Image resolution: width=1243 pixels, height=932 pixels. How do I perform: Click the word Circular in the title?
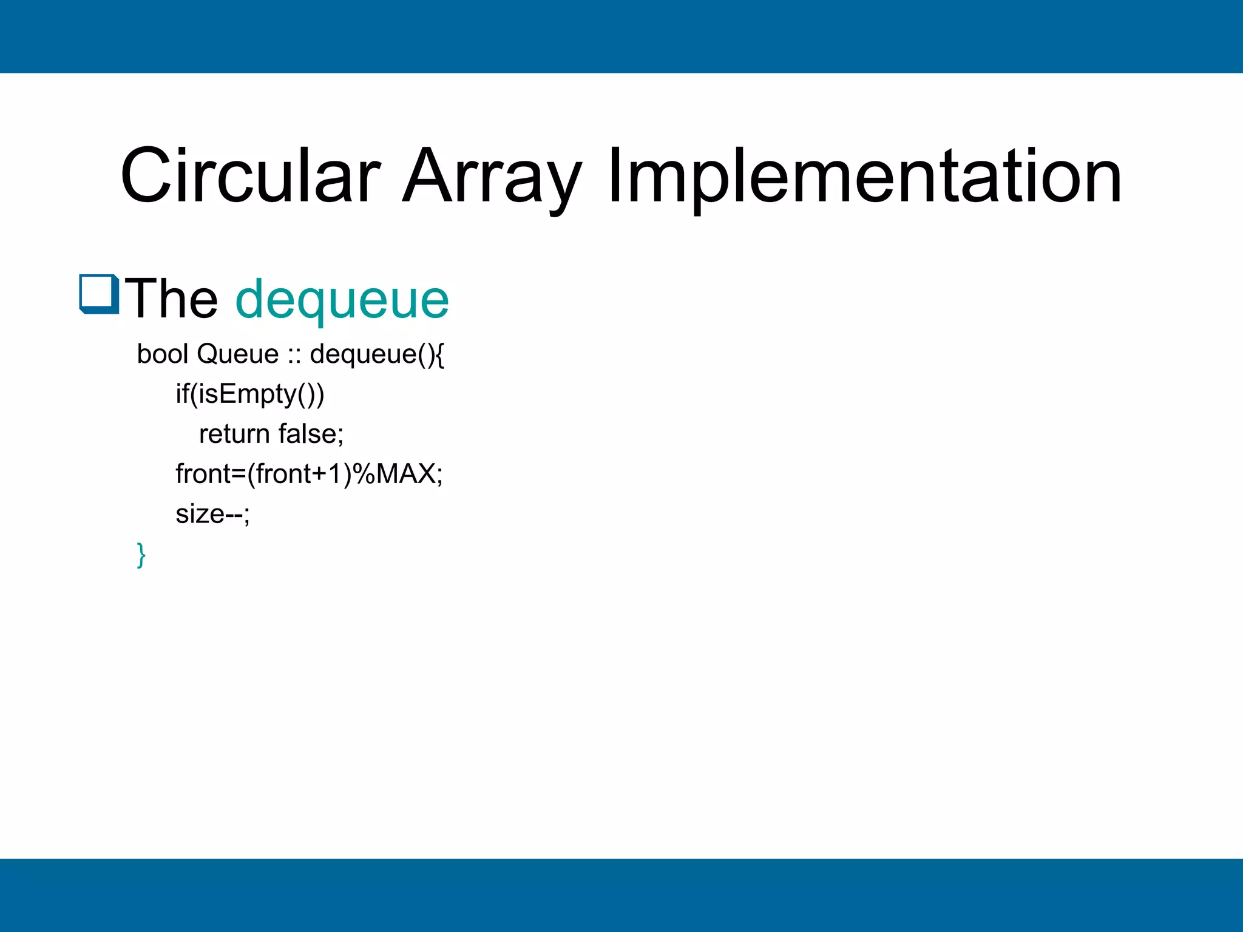250,176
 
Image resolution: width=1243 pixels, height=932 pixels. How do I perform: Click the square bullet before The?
98,294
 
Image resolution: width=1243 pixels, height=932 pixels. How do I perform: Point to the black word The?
171,299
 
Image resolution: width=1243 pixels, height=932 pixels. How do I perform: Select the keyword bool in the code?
162,354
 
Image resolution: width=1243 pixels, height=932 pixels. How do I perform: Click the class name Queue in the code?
237,354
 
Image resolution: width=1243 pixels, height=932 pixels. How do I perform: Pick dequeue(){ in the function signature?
377,354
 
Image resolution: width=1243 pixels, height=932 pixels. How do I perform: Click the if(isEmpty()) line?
250,394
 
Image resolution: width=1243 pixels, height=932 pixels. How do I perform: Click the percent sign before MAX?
364,474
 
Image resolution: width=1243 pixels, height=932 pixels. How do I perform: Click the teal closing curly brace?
141,555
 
